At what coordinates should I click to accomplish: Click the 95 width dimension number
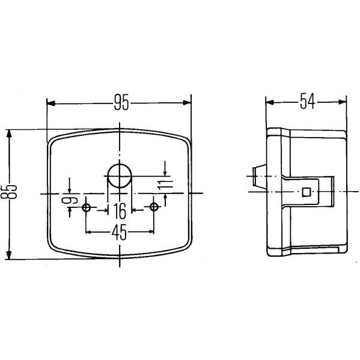[x=121, y=102]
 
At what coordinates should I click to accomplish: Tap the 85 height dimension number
[x=9, y=192]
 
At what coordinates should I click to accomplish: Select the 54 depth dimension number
[x=308, y=101]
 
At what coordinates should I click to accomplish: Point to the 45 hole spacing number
[x=119, y=232]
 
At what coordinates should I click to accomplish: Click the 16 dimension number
[x=120, y=211]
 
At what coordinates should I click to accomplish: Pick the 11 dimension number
[x=165, y=185]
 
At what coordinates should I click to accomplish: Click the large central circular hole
[x=120, y=175]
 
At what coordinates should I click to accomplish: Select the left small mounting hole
[x=86, y=207]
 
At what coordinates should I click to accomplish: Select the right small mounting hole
[x=154, y=207]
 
